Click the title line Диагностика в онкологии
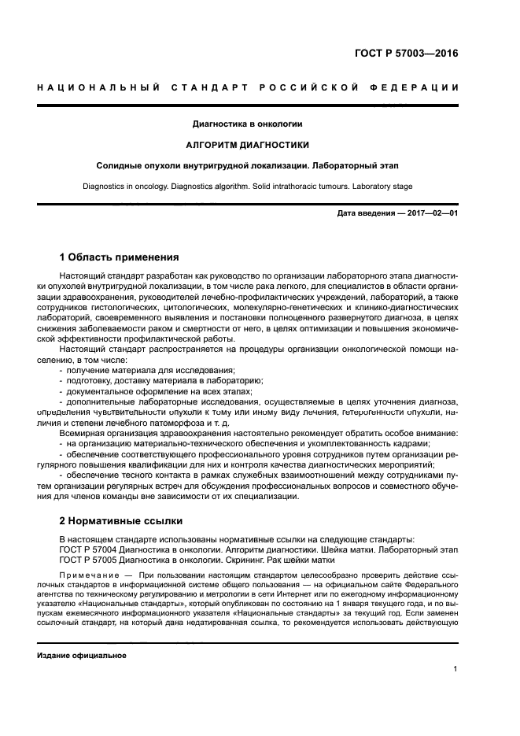(248, 124)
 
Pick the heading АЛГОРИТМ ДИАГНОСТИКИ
(247, 145)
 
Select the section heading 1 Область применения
(120, 257)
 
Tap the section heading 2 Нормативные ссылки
(121, 520)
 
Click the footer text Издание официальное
(82, 655)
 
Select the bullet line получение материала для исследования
(150, 370)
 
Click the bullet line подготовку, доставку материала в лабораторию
(164, 380)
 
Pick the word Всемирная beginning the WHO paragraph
(85, 433)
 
